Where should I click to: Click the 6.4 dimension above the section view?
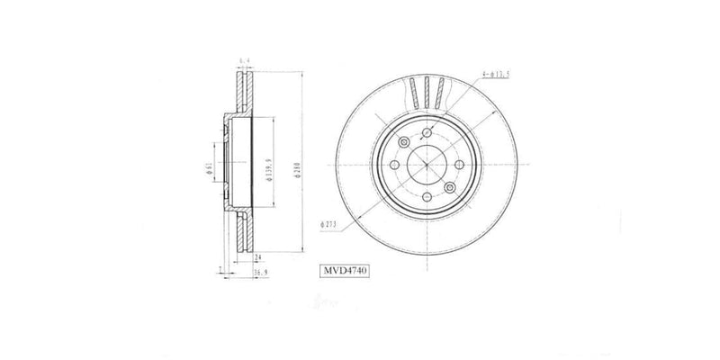[x=242, y=61]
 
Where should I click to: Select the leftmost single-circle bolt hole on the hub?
[x=397, y=167]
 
